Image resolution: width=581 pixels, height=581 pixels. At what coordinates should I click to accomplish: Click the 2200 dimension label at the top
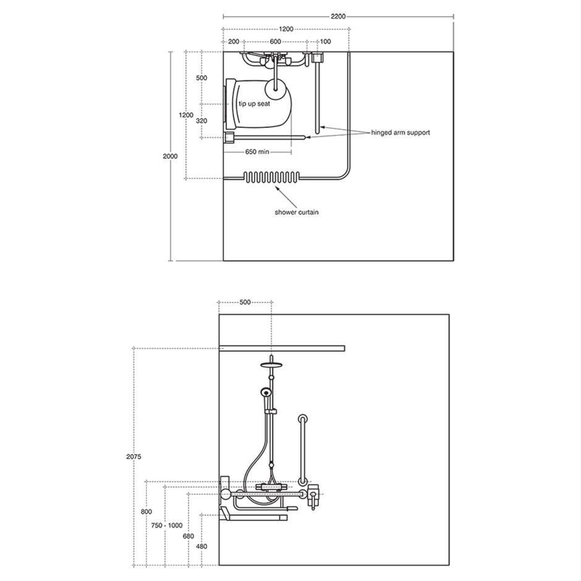(338, 16)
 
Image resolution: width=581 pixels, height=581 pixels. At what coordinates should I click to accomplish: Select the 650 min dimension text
(257, 151)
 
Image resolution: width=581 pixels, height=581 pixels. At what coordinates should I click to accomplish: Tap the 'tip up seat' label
(254, 104)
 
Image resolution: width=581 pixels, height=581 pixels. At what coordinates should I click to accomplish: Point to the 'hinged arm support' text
(401, 133)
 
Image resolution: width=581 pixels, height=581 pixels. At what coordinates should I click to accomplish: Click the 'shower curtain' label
(297, 213)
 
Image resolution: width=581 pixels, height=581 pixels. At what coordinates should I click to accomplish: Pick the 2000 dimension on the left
(170, 156)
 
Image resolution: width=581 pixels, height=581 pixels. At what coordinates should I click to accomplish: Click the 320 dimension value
(201, 121)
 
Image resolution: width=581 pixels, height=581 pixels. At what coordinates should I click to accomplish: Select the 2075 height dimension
(134, 457)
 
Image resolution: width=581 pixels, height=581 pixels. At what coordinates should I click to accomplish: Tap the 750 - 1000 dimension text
(167, 525)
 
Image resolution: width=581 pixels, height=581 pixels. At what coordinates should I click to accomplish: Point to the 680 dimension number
(189, 536)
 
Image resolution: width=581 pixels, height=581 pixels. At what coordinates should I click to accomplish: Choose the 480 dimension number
(201, 546)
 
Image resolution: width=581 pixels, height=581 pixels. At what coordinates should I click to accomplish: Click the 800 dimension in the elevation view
(146, 512)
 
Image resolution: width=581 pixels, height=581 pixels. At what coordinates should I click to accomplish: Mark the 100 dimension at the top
(325, 41)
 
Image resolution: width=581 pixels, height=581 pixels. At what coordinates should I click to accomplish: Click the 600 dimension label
(275, 41)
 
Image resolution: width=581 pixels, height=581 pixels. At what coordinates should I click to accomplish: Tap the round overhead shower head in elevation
(271, 365)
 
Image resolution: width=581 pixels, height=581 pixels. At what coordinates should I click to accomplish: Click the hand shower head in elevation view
(265, 391)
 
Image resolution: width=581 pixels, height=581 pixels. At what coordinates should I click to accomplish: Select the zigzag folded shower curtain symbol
(271, 178)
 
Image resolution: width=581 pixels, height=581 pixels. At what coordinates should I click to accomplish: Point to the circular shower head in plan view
(275, 89)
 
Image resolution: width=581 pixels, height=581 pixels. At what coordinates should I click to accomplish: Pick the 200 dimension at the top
(234, 41)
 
